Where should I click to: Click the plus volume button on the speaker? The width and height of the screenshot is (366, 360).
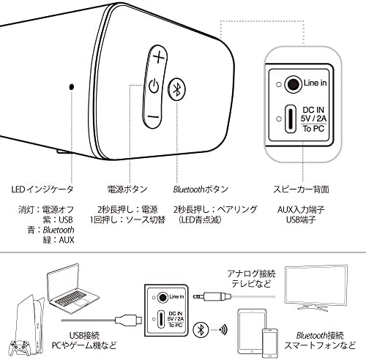tap(159, 58)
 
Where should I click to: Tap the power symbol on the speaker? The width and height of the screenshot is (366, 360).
tap(154, 86)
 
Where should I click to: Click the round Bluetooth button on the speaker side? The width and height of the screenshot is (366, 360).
tap(177, 89)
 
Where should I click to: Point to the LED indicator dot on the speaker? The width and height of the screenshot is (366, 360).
tap(72, 86)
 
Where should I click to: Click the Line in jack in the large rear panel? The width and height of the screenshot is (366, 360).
tap(294, 84)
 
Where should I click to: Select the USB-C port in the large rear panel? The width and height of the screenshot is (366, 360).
tap(291, 119)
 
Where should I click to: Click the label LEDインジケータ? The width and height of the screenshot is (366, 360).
tap(42, 190)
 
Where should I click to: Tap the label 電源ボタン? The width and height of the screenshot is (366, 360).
tap(127, 190)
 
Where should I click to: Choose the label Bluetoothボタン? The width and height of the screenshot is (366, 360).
tap(201, 190)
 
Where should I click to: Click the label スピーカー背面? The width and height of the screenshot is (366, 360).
tap(301, 190)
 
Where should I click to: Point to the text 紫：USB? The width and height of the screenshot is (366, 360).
tap(58, 220)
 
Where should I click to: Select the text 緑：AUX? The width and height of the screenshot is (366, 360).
tap(58, 240)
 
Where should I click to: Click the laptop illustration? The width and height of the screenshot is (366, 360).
tap(72, 289)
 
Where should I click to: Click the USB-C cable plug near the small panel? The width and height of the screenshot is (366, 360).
tap(128, 320)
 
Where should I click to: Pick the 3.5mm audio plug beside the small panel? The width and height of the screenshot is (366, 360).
tap(212, 297)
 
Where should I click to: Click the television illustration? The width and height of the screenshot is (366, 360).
tap(316, 288)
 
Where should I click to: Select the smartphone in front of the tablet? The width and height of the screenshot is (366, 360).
tap(269, 342)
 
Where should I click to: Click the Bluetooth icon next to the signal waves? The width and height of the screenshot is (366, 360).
tap(201, 330)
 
